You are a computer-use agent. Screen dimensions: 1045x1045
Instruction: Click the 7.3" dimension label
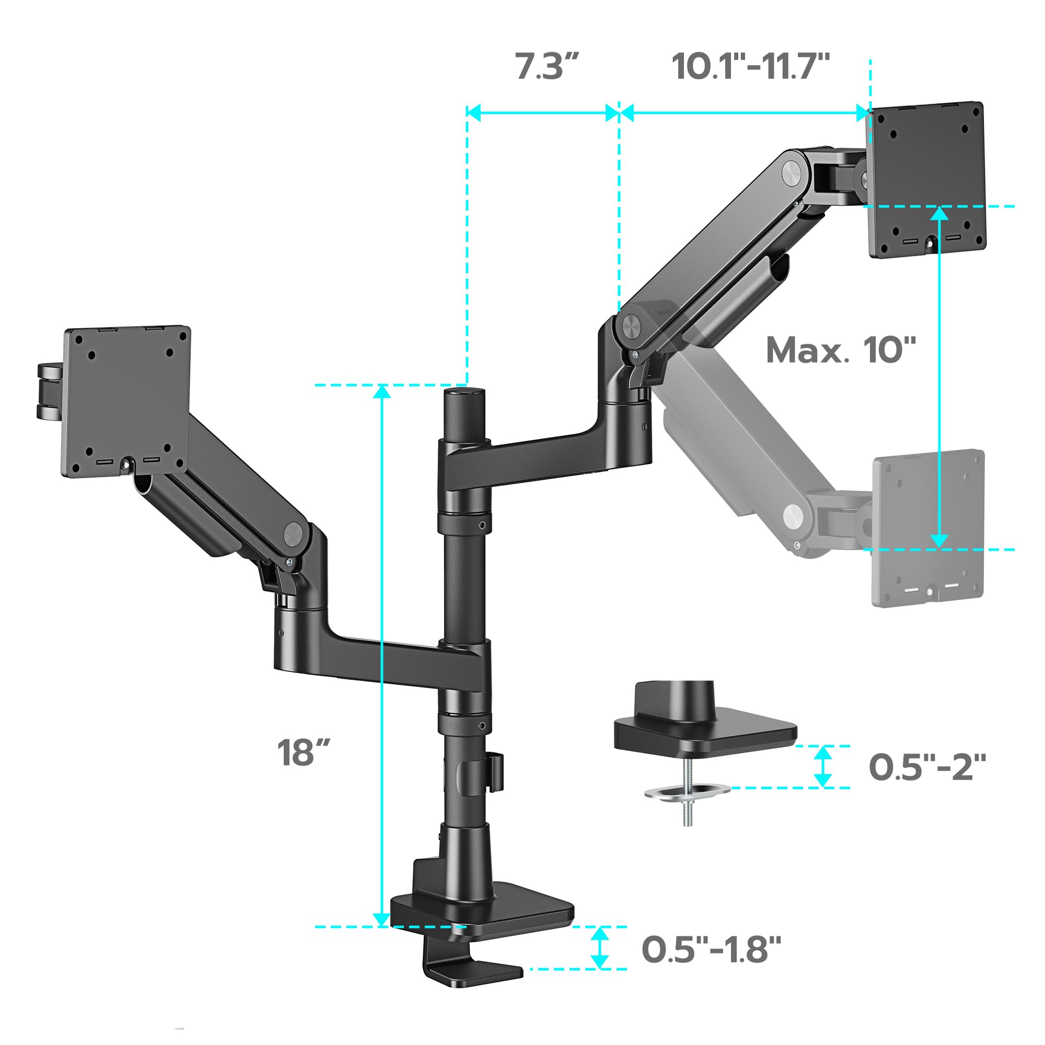pos(547,67)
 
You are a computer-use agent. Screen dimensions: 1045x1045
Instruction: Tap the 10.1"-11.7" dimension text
pos(750,67)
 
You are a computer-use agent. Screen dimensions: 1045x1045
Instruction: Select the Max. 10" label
pos(841,350)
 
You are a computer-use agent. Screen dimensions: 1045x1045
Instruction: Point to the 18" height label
pos(304,752)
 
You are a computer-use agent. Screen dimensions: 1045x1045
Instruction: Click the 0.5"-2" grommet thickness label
pos(927,767)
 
